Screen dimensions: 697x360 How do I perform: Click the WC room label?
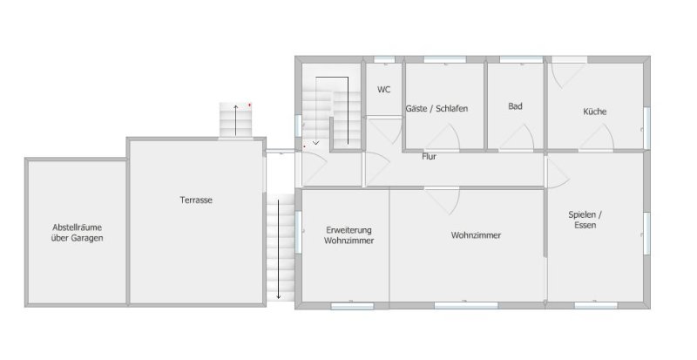383,90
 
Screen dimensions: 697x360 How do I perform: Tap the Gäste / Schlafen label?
436,109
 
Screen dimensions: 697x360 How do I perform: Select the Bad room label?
515,106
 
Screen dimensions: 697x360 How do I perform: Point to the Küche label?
595,112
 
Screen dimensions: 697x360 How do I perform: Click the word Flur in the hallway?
429,157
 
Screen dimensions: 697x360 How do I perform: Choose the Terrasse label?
196,200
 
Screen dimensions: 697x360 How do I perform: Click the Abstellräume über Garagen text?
77,233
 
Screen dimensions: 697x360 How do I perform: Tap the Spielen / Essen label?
585,220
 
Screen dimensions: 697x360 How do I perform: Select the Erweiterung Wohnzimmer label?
349,235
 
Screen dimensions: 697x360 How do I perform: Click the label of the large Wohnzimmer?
476,235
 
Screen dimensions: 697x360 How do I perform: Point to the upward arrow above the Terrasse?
236,120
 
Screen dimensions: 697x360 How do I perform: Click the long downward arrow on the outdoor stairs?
279,249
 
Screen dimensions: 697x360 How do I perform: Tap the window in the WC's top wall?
384,59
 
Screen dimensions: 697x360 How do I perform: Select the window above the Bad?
521,59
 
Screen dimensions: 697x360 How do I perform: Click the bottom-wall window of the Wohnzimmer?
466,306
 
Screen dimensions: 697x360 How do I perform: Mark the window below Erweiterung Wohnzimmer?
353,306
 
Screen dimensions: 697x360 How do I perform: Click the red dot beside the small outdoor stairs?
250,105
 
